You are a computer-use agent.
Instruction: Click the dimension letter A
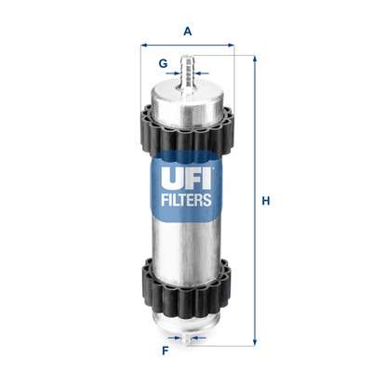(x=187, y=31)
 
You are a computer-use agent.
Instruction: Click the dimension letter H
(x=265, y=201)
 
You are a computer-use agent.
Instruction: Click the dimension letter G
(x=163, y=64)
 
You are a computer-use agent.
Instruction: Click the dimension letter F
(x=165, y=352)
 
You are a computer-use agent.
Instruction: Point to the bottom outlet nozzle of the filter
(x=187, y=340)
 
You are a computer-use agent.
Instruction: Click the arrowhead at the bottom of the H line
(x=253, y=345)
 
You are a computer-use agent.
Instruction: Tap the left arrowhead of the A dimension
(x=143, y=44)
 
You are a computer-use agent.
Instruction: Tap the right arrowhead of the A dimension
(x=229, y=44)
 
